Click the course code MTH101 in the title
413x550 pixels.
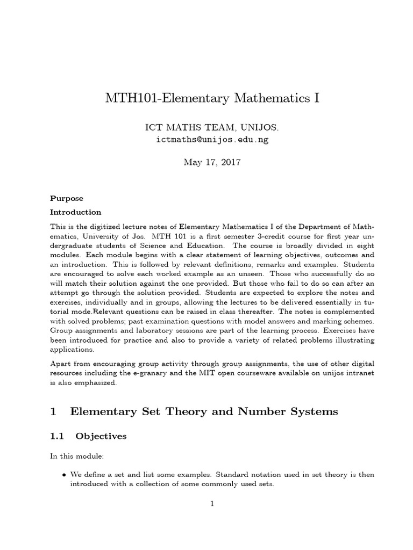tap(129, 99)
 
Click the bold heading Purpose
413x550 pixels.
tap(67, 198)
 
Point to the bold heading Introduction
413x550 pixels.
tap(76, 212)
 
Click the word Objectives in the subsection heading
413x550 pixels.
tap(101, 436)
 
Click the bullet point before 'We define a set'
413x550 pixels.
tap(65, 475)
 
